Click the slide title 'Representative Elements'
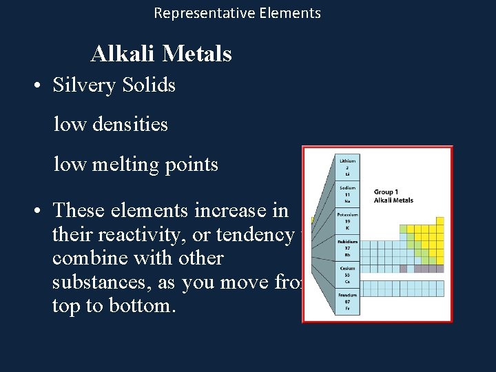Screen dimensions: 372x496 click(237, 13)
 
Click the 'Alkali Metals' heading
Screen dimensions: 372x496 click(161, 54)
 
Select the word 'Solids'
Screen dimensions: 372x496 click(149, 85)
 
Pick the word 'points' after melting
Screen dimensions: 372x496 click(192, 165)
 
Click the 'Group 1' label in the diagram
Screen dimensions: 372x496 click(386, 192)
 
